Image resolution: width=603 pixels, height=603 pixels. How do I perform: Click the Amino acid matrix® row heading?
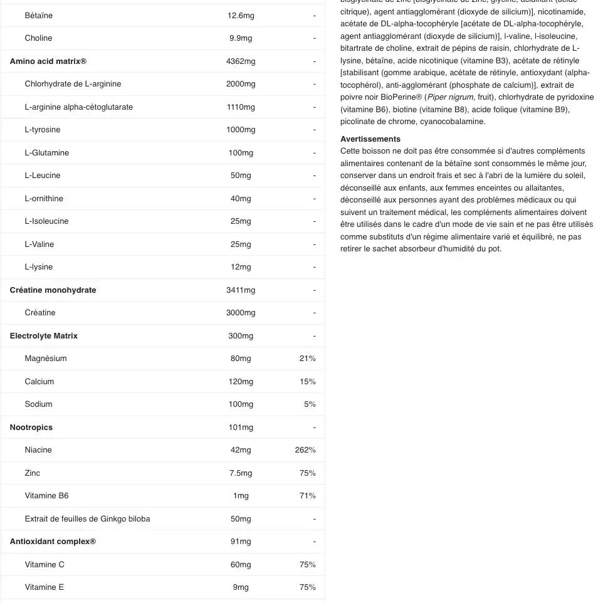click(x=48, y=61)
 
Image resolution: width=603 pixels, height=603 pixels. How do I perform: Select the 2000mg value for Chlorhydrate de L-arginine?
click(x=241, y=84)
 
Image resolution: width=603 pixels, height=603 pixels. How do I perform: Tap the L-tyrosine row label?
click(x=43, y=130)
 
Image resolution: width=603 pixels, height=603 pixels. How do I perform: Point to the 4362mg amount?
click(x=241, y=61)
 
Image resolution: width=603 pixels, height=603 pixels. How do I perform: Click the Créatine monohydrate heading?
click(x=53, y=290)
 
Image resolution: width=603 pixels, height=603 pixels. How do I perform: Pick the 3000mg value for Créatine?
click(x=241, y=313)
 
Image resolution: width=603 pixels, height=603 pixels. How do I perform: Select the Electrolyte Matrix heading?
click(x=44, y=336)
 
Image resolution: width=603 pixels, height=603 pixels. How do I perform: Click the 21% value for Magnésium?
click(x=307, y=359)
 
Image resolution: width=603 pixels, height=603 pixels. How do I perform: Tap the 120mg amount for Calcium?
click(x=241, y=382)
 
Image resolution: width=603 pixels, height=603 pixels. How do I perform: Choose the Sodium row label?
click(x=39, y=404)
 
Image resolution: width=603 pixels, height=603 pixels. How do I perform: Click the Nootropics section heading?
click(x=31, y=427)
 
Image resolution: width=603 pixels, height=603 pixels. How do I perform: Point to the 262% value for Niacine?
click(x=305, y=450)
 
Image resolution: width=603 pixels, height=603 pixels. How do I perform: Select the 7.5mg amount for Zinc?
click(x=241, y=473)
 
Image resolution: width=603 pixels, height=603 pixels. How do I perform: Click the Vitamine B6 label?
click(x=47, y=496)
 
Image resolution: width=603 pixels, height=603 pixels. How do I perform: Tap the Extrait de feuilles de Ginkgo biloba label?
click(x=87, y=519)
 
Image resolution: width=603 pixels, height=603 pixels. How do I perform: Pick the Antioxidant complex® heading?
click(x=53, y=542)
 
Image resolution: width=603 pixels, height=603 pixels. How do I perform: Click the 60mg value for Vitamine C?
click(x=241, y=565)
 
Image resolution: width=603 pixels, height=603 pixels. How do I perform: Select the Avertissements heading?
click(x=370, y=139)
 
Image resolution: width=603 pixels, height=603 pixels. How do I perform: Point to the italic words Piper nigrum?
click(x=451, y=97)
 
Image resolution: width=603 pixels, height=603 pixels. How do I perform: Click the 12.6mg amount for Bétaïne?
click(x=241, y=16)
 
